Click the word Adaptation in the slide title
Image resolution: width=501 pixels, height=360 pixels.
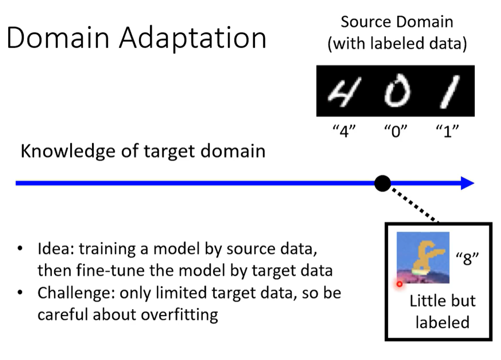click(x=193, y=38)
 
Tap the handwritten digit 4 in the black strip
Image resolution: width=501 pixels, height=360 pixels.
click(x=344, y=92)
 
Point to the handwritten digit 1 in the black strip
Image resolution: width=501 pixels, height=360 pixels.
click(x=450, y=92)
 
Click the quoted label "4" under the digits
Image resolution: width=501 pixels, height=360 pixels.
click(x=344, y=131)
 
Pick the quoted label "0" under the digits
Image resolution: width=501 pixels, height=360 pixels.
click(x=395, y=131)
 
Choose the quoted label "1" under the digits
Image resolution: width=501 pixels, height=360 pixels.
click(x=447, y=131)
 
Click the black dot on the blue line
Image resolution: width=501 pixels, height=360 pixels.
click(x=382, y=183)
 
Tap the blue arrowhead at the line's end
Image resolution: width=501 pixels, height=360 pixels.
click(x=468, y=183)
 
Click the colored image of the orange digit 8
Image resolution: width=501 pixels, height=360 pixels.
click(x=423, y=257)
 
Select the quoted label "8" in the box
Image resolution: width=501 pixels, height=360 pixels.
click(x=467, y=258)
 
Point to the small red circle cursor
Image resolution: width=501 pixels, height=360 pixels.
click(x=399, y=284)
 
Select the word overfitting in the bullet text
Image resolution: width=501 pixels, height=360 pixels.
click(x=180, y=315)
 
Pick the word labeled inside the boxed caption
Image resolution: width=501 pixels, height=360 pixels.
click(x=442, y=322)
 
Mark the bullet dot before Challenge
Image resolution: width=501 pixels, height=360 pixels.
click(x=20, y=292)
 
